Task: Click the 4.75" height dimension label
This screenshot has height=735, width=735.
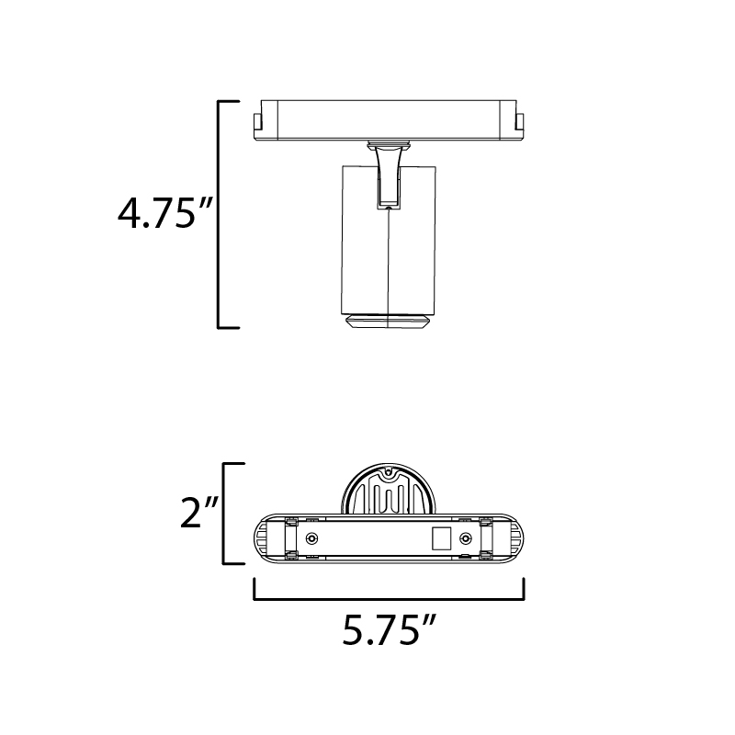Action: [165, 213]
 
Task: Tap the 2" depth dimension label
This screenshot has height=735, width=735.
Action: [199, 513]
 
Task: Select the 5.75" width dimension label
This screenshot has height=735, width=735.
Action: [390, 629]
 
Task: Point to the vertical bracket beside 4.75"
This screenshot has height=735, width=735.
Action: [220, 214]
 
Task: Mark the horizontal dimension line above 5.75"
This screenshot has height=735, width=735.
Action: [389, 599]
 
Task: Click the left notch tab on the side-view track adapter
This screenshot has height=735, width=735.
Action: [257, 122]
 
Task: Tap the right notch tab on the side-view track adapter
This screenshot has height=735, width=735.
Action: [520, 122]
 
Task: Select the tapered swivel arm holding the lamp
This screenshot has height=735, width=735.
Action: [389, 176]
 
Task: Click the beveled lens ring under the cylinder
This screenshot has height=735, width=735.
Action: [388, 322]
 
